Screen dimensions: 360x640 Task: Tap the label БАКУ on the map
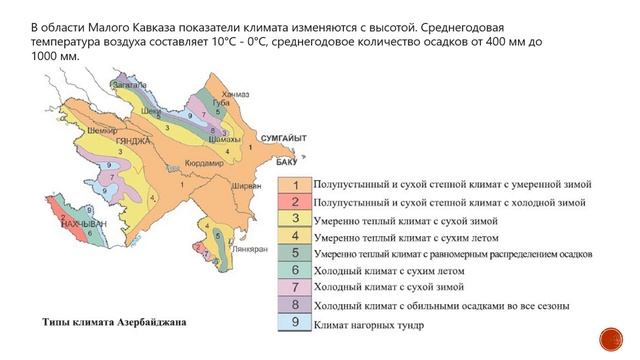[260, 160]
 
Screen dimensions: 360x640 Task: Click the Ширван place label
[247, 185]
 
